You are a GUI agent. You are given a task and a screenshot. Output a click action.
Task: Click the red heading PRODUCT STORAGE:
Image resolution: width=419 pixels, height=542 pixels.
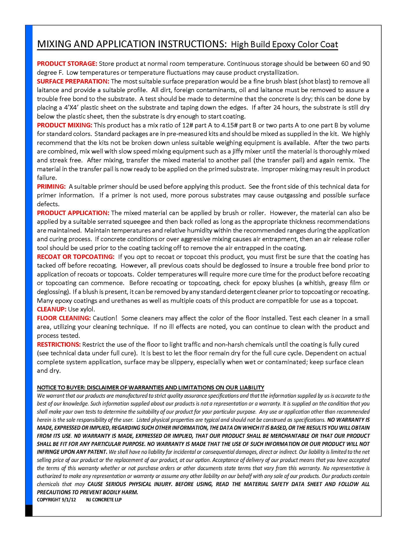(67, 63)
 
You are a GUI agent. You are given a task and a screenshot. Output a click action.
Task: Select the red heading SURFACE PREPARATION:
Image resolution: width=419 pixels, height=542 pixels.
(73, 81)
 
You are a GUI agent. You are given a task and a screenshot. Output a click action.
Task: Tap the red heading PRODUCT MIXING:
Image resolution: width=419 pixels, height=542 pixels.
(64, 125)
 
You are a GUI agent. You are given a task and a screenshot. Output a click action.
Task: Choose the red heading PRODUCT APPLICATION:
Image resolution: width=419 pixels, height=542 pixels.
(73, 213)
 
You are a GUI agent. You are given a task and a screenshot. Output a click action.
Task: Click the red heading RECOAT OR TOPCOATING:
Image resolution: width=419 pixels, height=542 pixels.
(76, 257)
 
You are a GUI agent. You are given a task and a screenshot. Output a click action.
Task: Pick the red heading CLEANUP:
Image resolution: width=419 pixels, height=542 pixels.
(52, 309)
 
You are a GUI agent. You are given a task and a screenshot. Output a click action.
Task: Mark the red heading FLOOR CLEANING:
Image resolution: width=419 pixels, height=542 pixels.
(64, 318)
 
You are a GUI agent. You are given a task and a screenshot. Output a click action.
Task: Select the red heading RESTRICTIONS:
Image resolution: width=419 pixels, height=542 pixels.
(59, 344)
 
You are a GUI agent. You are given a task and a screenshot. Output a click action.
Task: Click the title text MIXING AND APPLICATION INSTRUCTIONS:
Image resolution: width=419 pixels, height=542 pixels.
(132, 44)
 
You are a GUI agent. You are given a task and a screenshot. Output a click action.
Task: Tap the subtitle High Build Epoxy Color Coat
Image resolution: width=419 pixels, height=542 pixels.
(284, 44)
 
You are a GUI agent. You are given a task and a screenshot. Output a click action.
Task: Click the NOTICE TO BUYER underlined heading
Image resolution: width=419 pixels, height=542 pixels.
(150, 388)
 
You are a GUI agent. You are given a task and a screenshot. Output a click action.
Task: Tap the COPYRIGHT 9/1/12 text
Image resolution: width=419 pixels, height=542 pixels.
(57, 500)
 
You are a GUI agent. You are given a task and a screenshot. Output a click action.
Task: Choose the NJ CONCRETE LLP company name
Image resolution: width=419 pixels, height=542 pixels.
(104, 500)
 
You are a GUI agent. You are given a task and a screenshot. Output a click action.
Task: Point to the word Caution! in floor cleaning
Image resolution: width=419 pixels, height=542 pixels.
(105, 318)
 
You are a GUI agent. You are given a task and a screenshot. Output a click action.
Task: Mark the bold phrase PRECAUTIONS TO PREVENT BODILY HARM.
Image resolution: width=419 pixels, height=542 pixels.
(88, 492)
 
